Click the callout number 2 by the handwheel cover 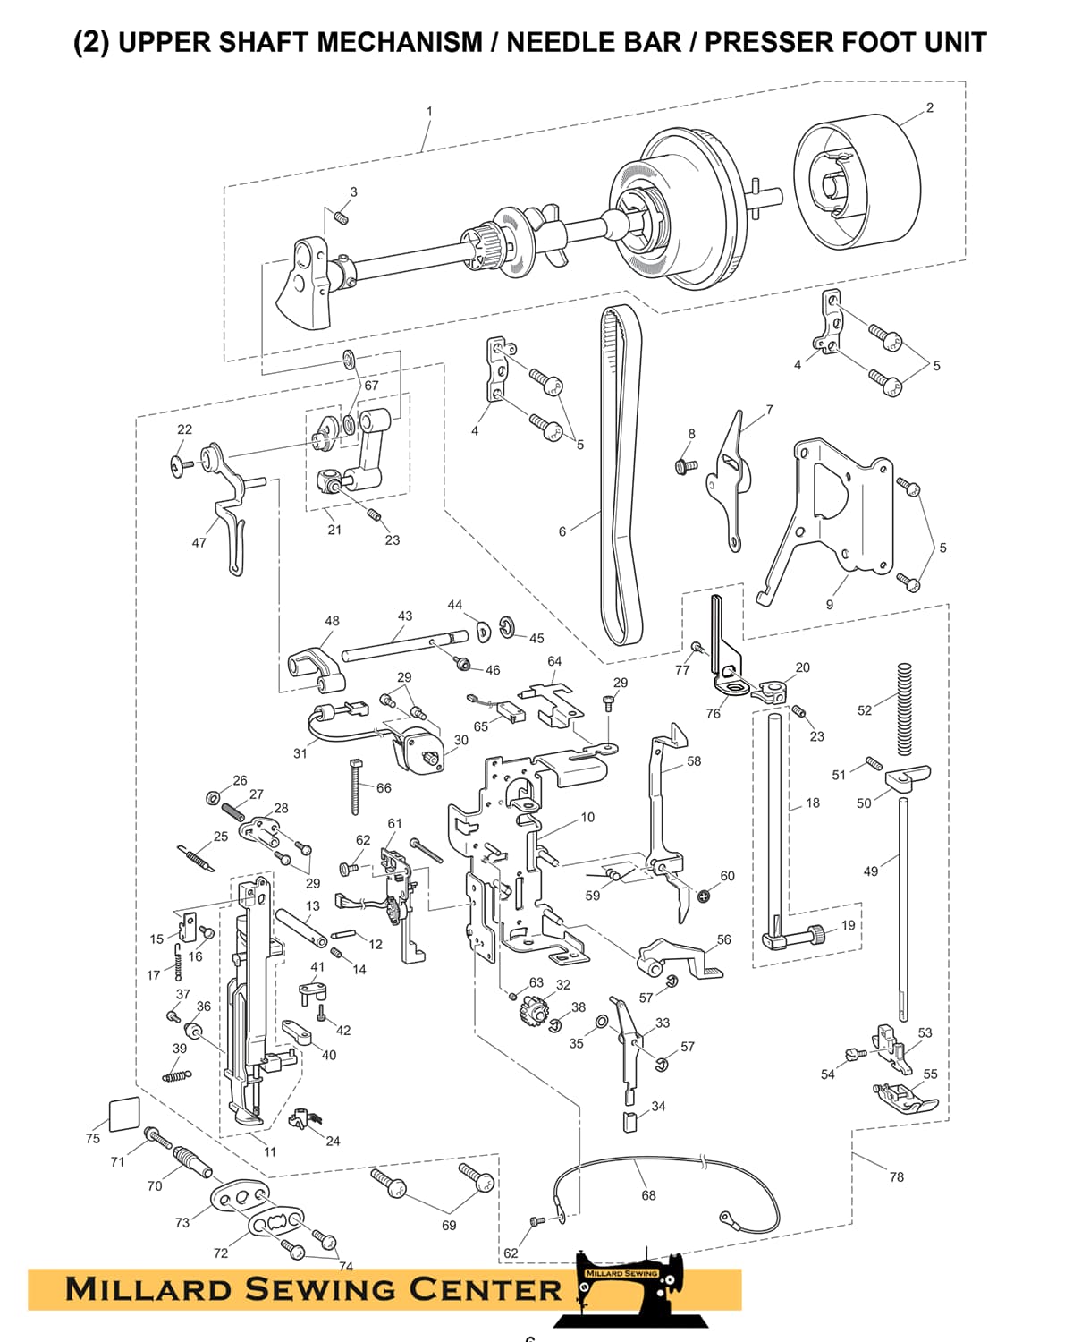[x=930, y=107]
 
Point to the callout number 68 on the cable [x=648, y=1195]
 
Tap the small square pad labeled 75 [x=123, y=1115]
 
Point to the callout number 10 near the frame [x=587, y=817]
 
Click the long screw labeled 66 [x=356, y=786]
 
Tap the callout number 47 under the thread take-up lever [x=199, y=542]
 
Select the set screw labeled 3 [x=341, y=217]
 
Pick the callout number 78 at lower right [x=897, y=1176]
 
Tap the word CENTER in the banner [x=486, y=1289]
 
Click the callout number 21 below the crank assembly [x=334, y=530]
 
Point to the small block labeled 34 [x=629, y=1121]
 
